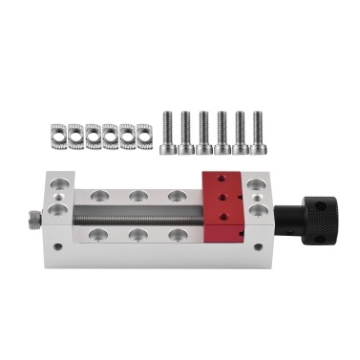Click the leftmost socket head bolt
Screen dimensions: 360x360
coord(170,131)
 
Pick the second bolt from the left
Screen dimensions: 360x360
coord(187,131)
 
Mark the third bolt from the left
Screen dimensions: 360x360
coord(204,131)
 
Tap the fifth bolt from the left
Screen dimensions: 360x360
coord(240,131)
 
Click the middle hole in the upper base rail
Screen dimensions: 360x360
coord(138,195)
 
